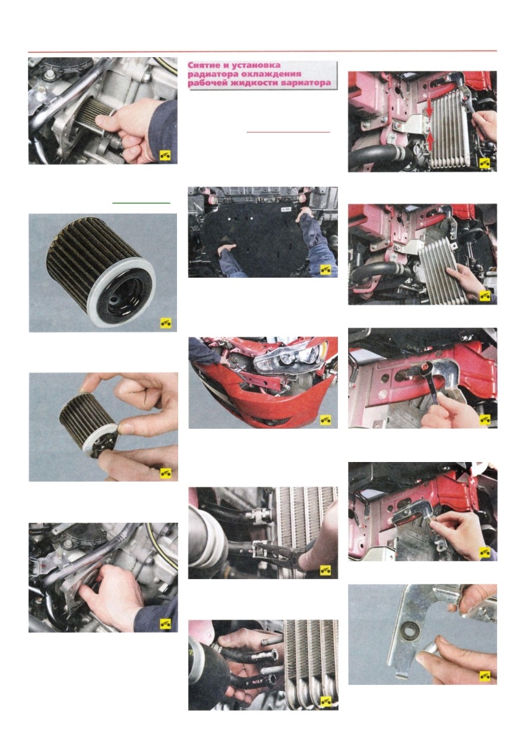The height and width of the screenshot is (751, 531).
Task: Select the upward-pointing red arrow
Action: pyautogui.click(x=429, y=141)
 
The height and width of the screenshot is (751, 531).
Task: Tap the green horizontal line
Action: pyautogui.click(x=141, y=203)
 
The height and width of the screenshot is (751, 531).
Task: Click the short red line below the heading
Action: pyautogui.click(x=288, y=132)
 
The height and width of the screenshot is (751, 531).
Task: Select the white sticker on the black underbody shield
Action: pyautogui.click(x=285, y=209)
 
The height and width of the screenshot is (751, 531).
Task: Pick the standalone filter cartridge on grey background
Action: pyautogui.click(x=100, y=272)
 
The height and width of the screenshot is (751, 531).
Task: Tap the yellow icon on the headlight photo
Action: pyautogui.click(x=325, y=419)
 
